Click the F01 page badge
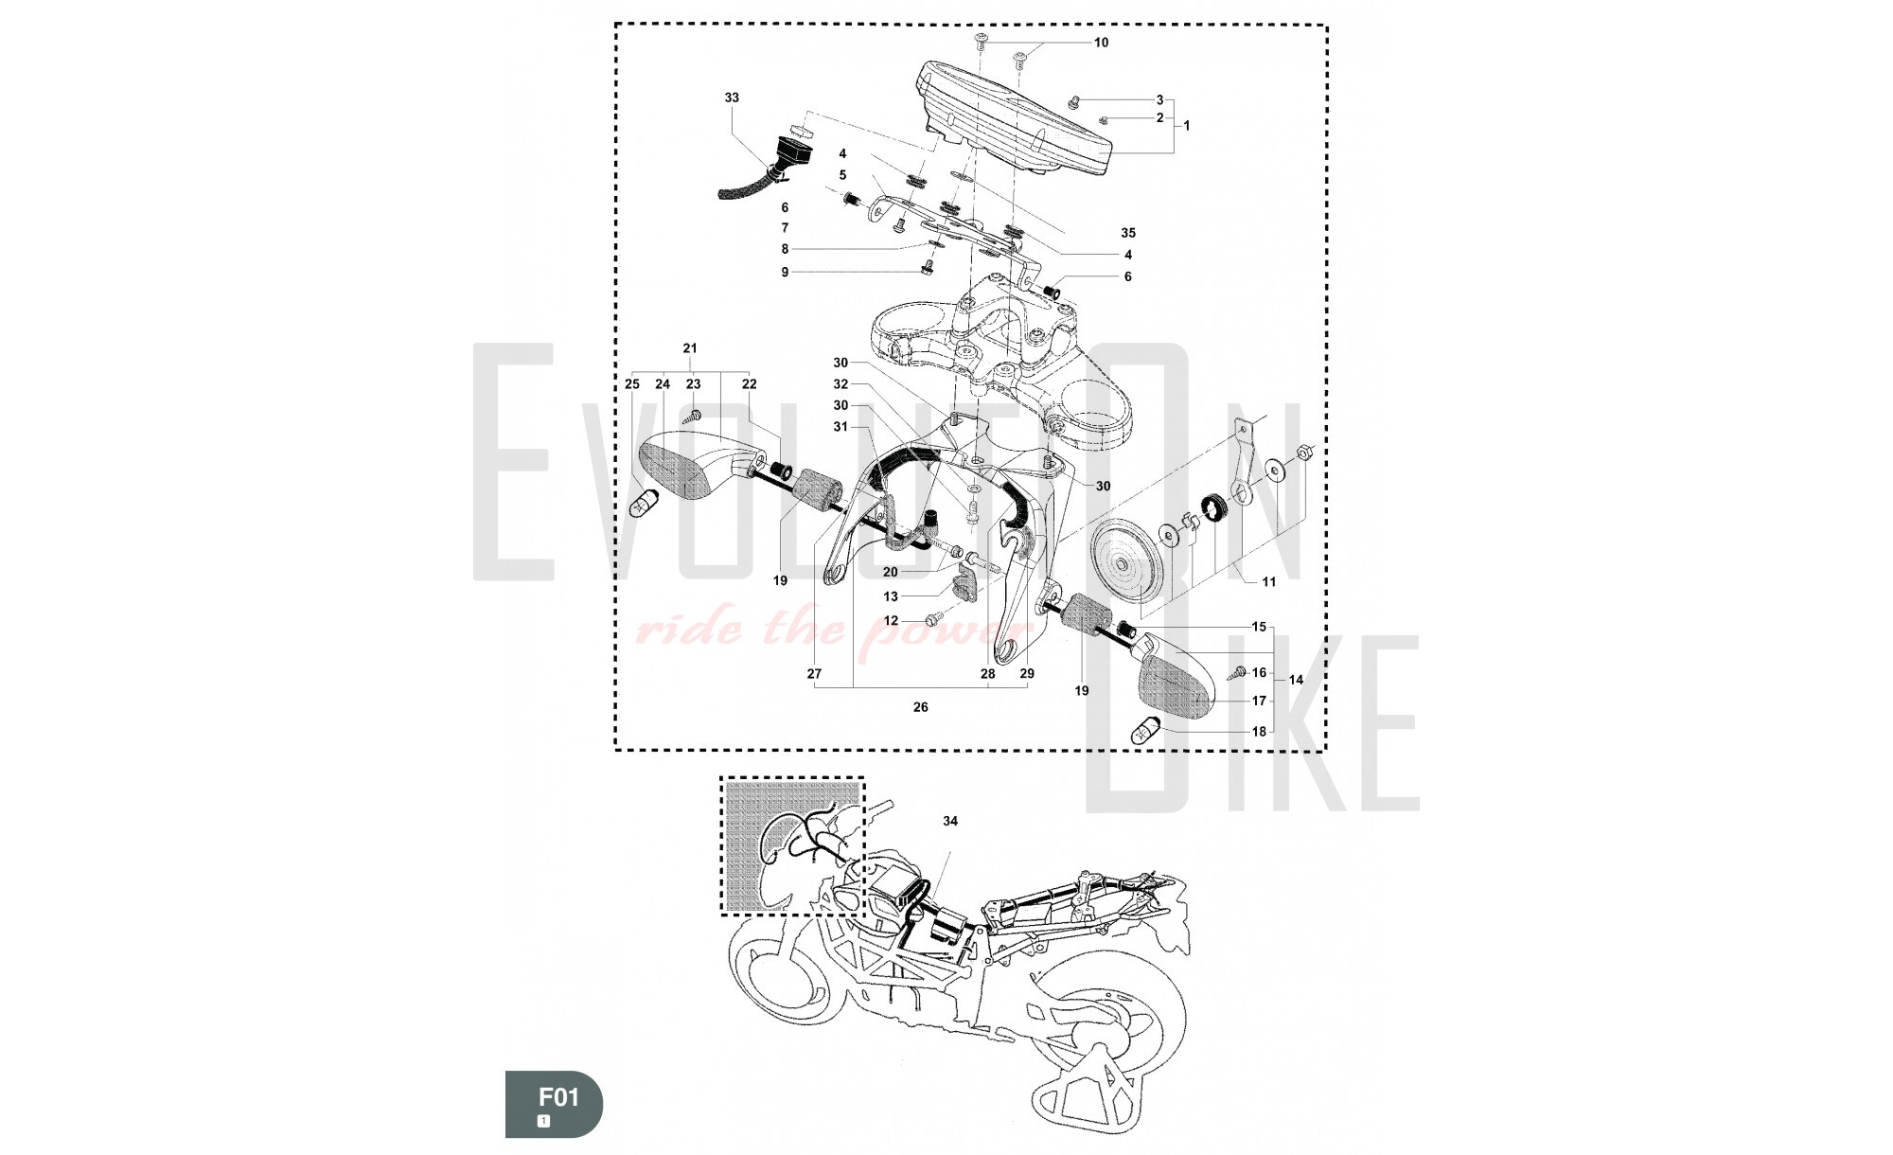(554, 1103)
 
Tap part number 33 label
(732, 98)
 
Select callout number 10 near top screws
(1101, 43)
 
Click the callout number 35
(1127, 233)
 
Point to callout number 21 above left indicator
(690, 348)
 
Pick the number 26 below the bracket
(921, 707)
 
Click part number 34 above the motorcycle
(950, 821)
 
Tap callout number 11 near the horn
(1268, 582)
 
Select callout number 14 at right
(1296, 680)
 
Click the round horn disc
(1125, 560)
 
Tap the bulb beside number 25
(643, 504)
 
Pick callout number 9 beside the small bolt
(785, 273)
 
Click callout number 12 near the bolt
(891, 621)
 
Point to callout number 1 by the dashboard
(1187, 126)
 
